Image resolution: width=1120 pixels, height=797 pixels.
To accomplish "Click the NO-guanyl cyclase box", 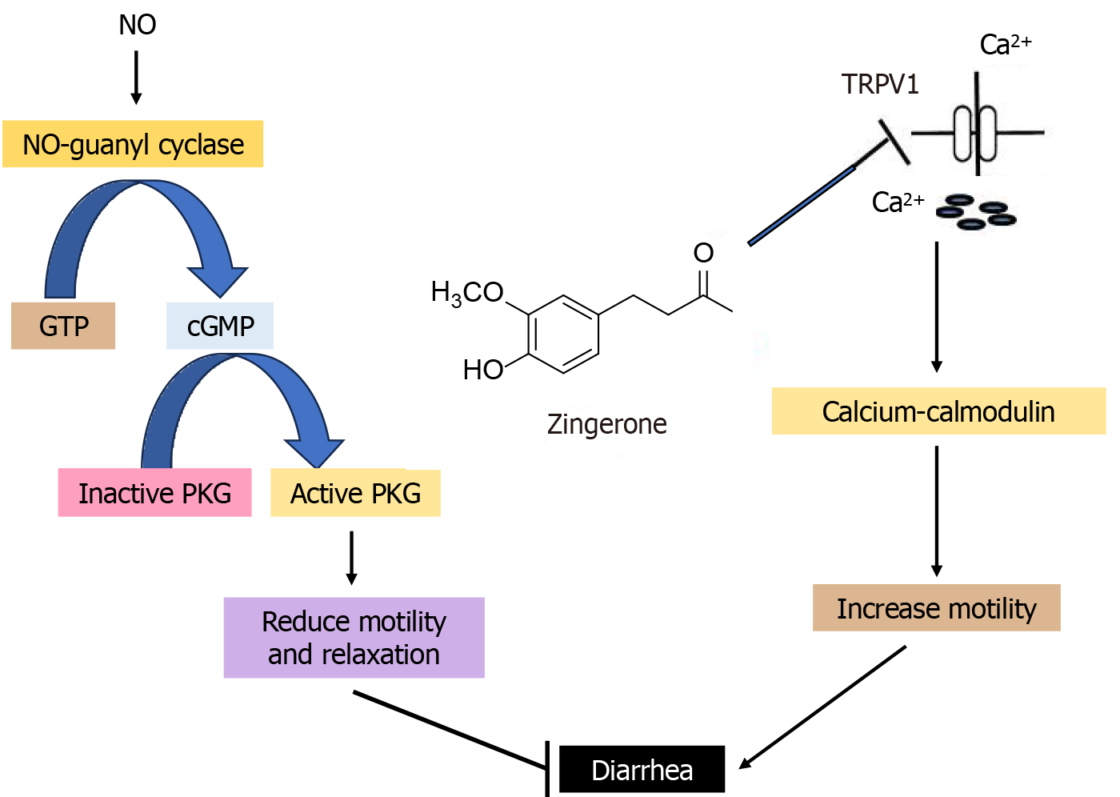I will point(133,144).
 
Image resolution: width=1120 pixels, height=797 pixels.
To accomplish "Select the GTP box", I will point(63,326).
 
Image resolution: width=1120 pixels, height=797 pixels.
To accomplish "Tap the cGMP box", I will point(220,326).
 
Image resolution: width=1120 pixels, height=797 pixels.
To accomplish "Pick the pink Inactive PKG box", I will point(154,493).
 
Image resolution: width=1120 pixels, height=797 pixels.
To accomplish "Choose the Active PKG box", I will point(355,493).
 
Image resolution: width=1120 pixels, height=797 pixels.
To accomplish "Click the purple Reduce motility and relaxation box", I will point(354,638).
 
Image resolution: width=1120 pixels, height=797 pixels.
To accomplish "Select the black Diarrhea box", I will point(642,770).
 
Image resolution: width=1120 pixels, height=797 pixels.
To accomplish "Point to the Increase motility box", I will point(936,608).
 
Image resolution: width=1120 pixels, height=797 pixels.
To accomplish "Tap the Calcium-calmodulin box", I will point(938,411).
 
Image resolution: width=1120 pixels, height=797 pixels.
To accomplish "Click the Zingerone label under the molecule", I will point(606,424).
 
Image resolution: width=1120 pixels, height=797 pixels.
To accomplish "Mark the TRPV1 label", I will point(880,84).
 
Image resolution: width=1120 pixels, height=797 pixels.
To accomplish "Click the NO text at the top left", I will point(137,25).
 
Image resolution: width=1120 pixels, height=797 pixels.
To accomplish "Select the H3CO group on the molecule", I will point(467,293).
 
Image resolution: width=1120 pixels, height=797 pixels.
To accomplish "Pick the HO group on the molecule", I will point(483,370).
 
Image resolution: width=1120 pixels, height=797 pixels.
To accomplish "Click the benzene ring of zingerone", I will point(563,334).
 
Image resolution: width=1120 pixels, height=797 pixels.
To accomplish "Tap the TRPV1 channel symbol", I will point(976,132).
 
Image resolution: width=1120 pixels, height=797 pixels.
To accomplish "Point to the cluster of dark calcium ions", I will point(976,212).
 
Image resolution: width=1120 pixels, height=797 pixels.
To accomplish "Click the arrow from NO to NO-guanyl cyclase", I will point(136,78).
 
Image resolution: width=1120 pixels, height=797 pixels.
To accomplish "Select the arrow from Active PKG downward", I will point(351,558).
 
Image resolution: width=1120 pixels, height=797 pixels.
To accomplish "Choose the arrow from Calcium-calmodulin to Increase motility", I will point(937,511).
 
